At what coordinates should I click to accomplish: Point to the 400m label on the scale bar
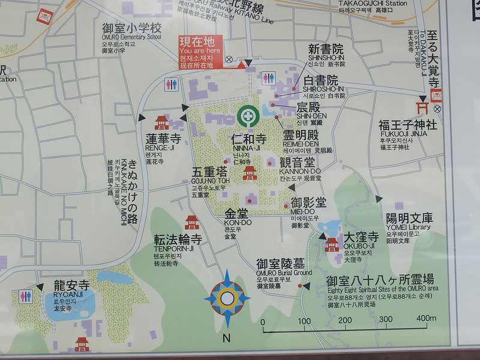click(x=425, y=319)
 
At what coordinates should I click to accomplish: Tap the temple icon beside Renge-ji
click(x=161, y=122)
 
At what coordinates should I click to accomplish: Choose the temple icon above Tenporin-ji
click(x=191, y=222)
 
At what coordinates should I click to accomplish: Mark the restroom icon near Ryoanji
click(x=26, y=296)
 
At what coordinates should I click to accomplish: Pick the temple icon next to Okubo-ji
click(x=332, y=244)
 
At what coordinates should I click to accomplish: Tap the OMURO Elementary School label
click(x=131, y=37)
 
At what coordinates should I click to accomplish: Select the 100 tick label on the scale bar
click(x=305, y=319)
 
